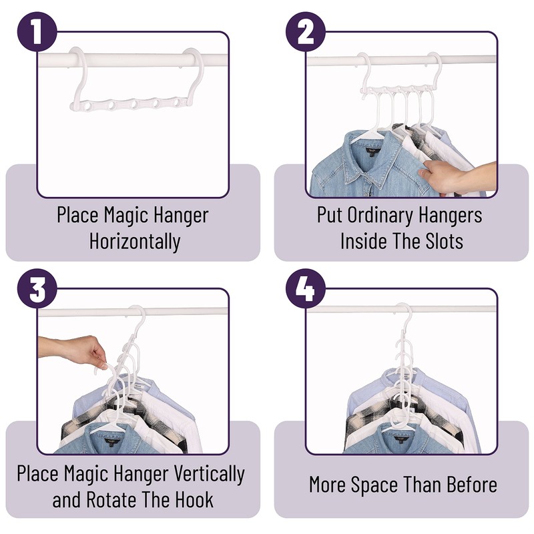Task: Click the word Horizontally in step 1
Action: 135,240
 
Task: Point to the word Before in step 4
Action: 467,485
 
